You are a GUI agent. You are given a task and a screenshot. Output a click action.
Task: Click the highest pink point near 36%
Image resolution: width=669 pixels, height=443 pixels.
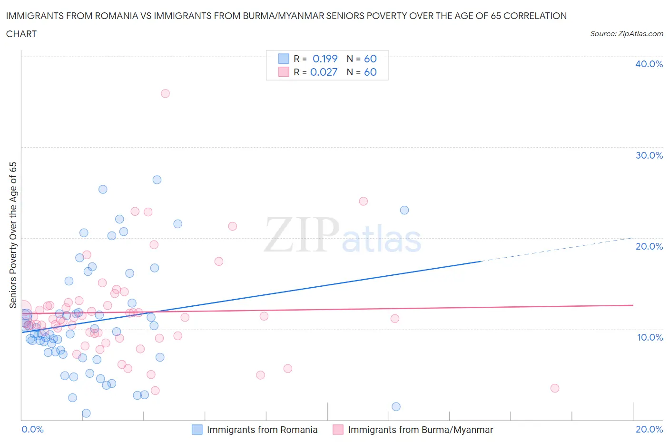click(165, 93)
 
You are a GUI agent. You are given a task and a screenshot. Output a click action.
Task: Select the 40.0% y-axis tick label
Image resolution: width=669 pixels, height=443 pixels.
click(649, 64)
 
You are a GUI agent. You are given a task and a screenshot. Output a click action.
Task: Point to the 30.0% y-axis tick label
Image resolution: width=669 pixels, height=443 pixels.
click(649, 155)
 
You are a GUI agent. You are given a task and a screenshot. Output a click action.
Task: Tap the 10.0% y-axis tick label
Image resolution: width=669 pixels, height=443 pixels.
click(649, 337)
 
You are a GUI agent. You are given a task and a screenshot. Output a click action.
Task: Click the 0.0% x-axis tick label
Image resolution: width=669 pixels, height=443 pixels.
click(32, 429)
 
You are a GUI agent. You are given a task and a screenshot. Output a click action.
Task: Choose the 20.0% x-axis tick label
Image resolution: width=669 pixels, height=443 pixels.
click(649, 429)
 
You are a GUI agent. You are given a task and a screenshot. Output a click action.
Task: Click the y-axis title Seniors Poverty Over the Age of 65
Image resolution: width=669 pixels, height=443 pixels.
click(13, 235)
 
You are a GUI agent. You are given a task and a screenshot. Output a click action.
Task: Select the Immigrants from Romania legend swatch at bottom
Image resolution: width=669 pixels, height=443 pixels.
click(197, 430)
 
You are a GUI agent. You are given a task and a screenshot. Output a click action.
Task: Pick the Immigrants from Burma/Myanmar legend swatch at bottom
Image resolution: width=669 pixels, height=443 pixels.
click(338, 430)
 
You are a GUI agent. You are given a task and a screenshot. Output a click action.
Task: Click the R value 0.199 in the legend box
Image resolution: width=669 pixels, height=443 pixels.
click(325, 59)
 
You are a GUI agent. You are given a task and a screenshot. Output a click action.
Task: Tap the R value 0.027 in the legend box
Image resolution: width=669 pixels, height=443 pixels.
click(324, 72)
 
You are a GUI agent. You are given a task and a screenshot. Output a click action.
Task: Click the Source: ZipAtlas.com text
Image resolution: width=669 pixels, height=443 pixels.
click(626, 34)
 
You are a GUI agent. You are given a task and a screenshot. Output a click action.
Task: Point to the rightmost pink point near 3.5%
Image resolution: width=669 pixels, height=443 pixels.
click(554, 388)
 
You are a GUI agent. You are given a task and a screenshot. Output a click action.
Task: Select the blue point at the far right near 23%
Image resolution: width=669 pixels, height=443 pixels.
click(404, 210)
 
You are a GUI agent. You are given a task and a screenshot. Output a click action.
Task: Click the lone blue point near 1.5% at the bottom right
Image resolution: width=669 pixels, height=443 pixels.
click(396, 406)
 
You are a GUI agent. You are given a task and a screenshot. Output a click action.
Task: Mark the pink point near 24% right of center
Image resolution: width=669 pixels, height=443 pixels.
click(363, 201)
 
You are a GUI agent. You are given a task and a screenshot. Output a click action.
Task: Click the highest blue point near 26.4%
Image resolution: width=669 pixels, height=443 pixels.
click(157, 180)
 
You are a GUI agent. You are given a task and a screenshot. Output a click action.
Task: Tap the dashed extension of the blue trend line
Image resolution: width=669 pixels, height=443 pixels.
click(557, 250)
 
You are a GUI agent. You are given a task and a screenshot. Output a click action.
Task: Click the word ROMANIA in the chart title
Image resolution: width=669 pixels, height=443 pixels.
click(112, 16)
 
